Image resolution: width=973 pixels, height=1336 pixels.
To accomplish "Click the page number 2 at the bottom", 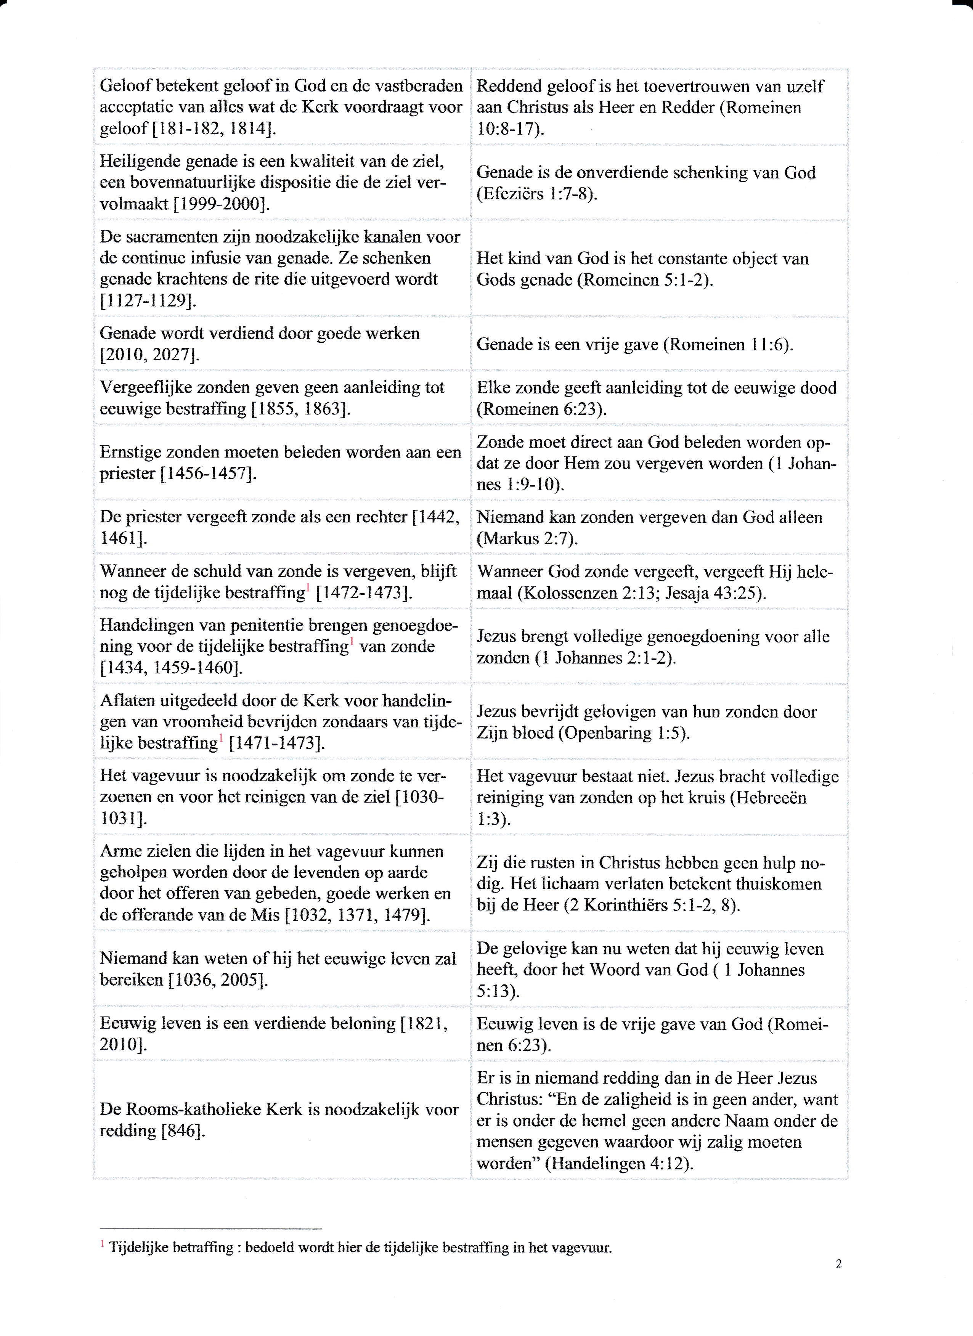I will (838, 1280).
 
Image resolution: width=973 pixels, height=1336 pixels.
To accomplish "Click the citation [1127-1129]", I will (148, 300).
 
